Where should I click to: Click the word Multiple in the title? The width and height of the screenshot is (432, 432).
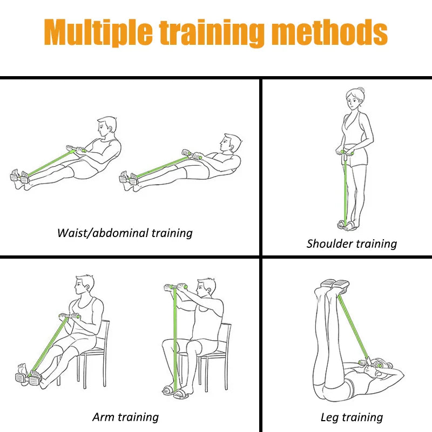100,33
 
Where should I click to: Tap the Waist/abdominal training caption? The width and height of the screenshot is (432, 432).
125,233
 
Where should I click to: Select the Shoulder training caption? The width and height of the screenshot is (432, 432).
352,244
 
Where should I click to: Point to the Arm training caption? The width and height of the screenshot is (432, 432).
125,417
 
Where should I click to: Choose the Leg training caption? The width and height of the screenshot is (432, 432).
352,417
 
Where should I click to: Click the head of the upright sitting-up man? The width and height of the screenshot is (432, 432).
107,127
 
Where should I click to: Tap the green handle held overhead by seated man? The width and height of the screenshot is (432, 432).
175,287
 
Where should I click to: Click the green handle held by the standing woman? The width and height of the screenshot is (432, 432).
346,153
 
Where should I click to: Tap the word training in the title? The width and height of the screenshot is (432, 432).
217,33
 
